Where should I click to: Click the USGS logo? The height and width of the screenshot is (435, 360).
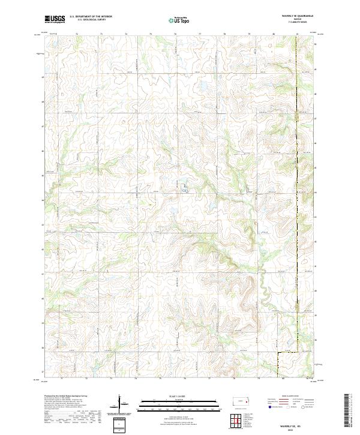[55, 19]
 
